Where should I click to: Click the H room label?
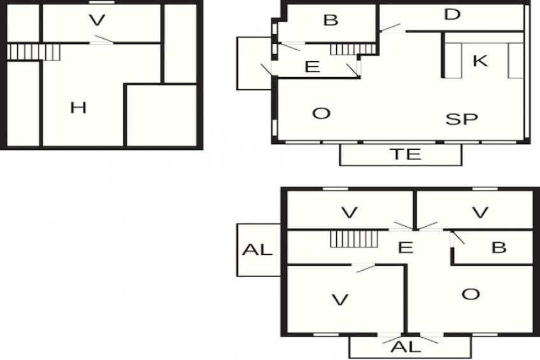(78, 108)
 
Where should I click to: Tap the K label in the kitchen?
(480, 61)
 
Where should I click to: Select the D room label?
(452, 15)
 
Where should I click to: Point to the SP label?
(462, 119)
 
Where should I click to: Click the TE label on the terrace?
(407, 154)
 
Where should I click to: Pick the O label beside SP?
(321, 113)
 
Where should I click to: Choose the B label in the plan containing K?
(330, 20)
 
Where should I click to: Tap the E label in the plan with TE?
(313, 66)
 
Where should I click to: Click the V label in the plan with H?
(97, 20)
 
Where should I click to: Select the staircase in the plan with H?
(33, 52)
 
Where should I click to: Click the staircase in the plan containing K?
(353, 49)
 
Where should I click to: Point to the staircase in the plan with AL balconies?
(354, 239)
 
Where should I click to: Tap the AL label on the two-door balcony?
(406, 347)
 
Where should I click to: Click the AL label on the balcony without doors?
(257, 249)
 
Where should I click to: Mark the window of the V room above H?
(102, 2)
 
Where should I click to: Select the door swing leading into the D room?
(390, 27)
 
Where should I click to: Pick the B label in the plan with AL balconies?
(499, 247)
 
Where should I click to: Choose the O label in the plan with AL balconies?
(471, 294)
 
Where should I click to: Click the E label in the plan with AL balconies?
(406, 247)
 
